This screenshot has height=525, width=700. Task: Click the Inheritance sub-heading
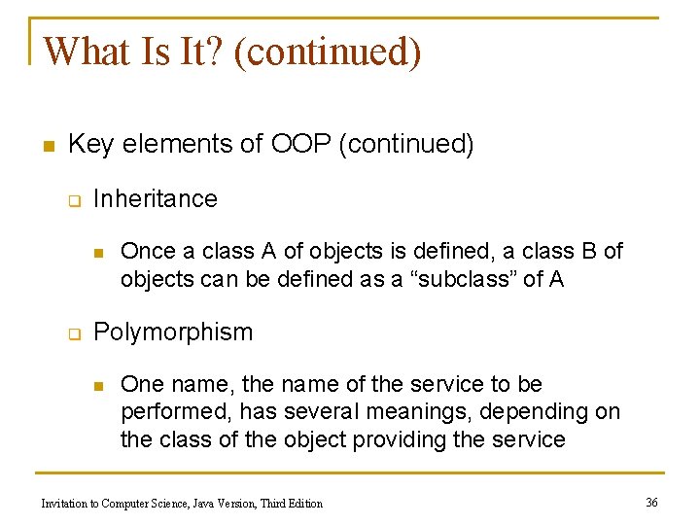[156, 198]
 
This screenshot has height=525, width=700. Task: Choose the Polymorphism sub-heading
[173, 332]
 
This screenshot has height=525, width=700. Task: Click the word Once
[145, 251]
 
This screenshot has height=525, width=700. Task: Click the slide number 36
[651, 502]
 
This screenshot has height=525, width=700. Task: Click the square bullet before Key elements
[47, 146]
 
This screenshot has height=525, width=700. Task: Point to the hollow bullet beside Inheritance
[72, 200]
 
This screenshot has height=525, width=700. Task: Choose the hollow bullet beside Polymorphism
[72, 333]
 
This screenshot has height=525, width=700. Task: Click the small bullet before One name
[97, 386]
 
